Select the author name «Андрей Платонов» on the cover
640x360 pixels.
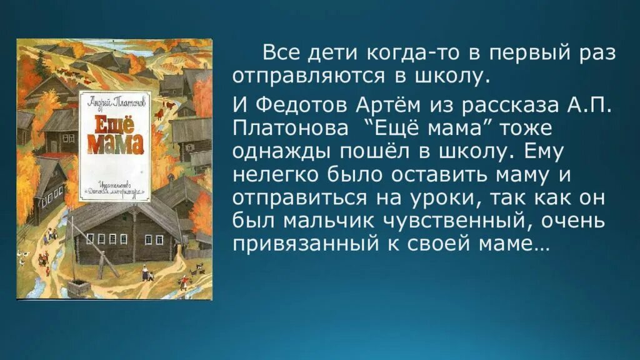coord(115,100)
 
